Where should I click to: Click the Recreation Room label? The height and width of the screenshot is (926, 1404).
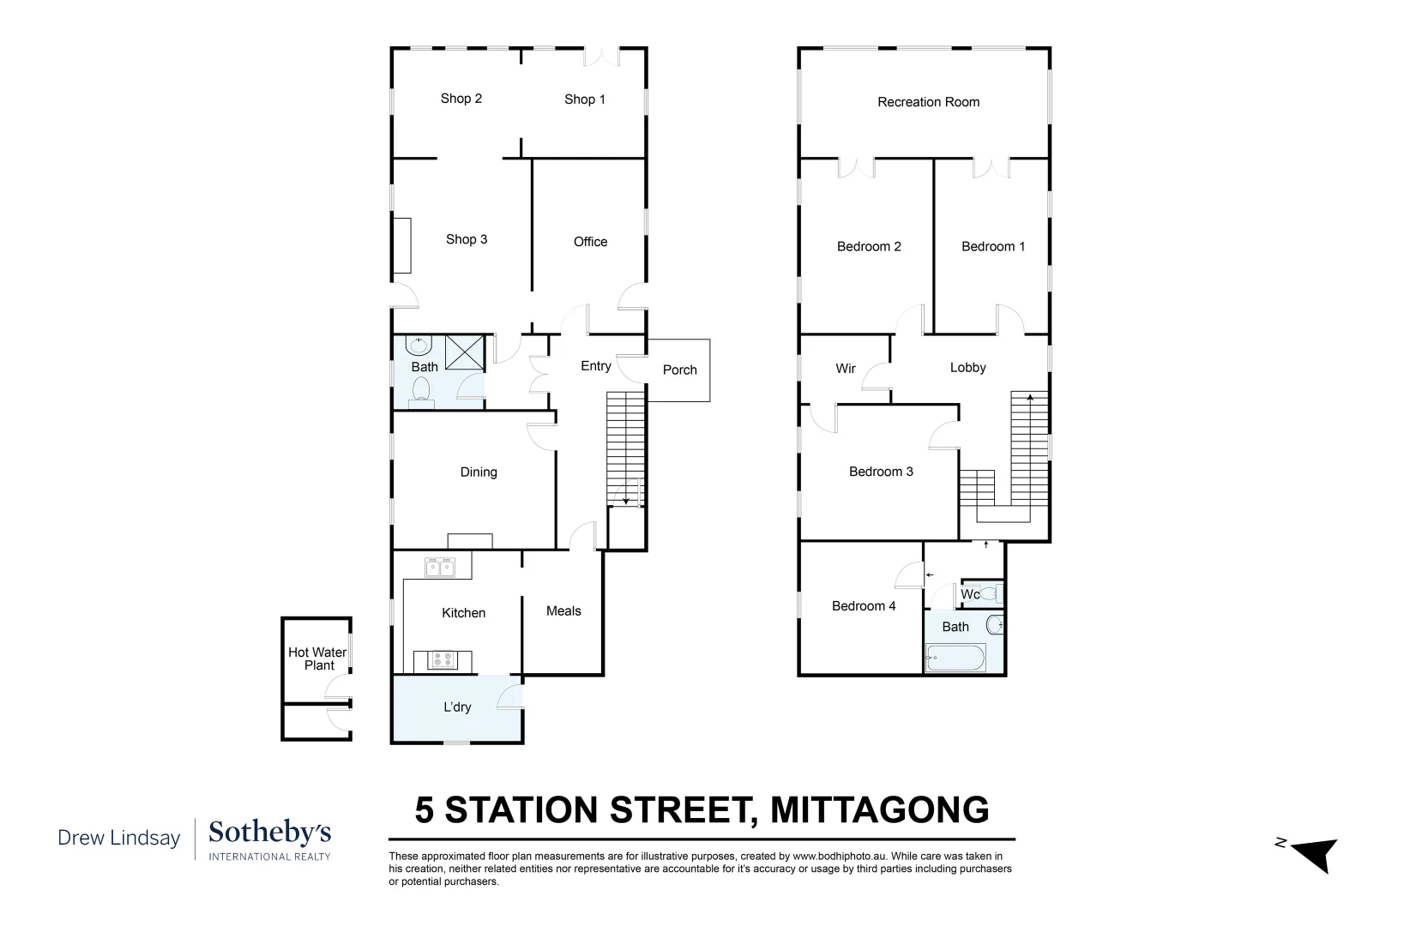click(928, 102)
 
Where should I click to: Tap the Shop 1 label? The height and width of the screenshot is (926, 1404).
click(585, 99)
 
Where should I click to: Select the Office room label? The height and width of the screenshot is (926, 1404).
click(590, 242)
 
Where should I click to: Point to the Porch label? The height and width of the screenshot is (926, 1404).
click(679, 370)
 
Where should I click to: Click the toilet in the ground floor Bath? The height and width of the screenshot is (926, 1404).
click(421, 392)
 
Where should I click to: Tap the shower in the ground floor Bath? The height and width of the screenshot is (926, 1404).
click(464, 352)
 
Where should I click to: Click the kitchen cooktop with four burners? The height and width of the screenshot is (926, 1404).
click(442, 660)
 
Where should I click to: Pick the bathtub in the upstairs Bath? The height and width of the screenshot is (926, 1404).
click(955, 659)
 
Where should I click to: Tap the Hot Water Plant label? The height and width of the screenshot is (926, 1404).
click(317, 658)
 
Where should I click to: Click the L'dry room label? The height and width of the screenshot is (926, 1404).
click(457, 707)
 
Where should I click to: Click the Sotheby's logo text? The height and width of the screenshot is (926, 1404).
click(269, 833)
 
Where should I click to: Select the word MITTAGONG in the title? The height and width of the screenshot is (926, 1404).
click(879, 809)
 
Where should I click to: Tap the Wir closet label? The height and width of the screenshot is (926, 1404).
click(846, 369)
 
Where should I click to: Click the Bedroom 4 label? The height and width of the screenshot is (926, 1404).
click(864, 606)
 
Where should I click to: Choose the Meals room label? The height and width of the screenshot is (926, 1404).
click(563, 611)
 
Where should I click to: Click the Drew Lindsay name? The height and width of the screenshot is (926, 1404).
click(119, 838)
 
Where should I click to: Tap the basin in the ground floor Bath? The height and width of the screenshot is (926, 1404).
click(419, 346)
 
